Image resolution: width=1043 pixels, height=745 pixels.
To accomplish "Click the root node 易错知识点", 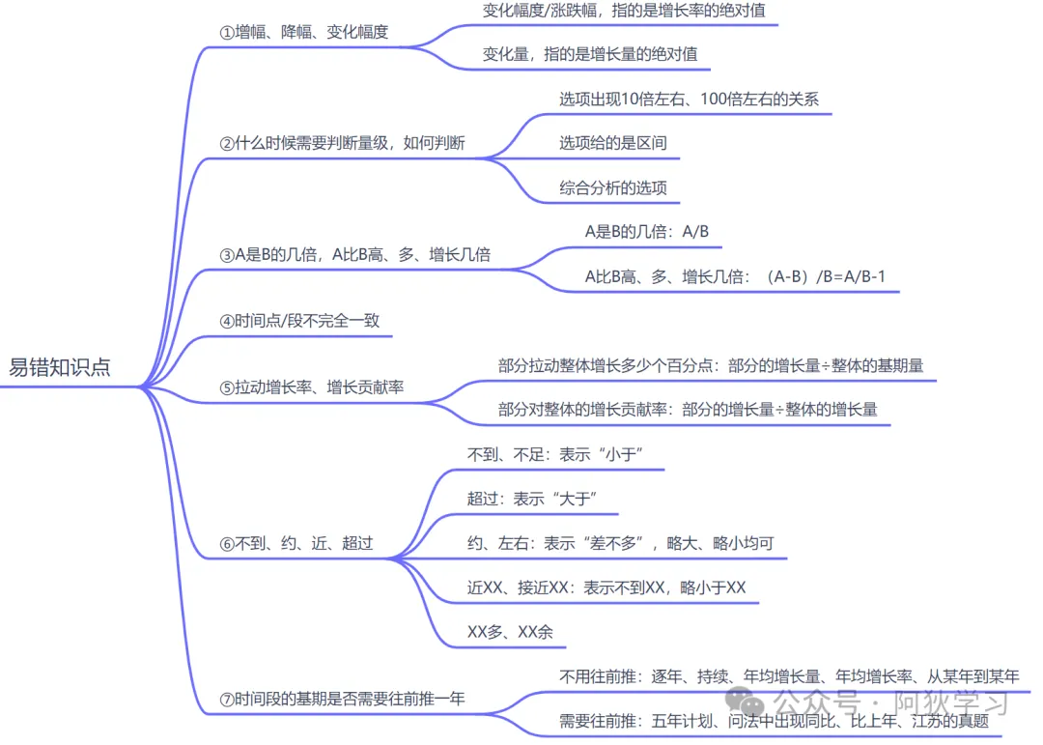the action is tap(60, 367).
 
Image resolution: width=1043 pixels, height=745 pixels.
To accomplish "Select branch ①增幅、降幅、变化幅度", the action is tap(304, 32).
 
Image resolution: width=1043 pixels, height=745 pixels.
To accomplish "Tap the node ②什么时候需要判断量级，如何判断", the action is tap(343, 143).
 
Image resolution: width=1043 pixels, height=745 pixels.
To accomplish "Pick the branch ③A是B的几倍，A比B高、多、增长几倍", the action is tap(355, 255).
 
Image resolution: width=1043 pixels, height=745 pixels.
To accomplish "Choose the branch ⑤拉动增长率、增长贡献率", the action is tap(312, 387).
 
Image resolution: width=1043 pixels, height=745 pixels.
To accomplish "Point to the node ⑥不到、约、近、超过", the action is tap(296, 543).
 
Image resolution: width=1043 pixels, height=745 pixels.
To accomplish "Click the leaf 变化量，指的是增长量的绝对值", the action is tap(590, 54).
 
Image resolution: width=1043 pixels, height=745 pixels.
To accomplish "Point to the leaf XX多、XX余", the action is tap(510, 632).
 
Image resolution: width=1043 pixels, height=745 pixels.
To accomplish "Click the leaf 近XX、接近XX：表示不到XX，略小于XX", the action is tap(606, 587).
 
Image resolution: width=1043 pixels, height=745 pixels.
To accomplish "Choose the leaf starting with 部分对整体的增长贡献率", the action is tap(688, 410).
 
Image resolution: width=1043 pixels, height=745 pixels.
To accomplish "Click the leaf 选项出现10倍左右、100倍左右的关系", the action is tap(689, 99).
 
